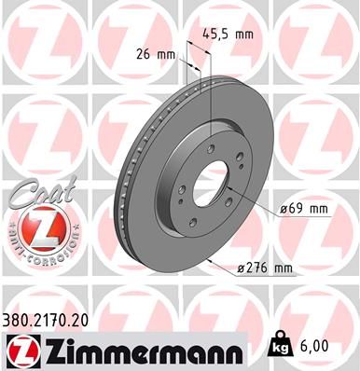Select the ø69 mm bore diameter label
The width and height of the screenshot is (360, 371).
pos(306,210)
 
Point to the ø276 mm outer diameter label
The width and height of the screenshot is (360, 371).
pos(265,269)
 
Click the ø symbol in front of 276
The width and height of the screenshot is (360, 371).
pos(241,269)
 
